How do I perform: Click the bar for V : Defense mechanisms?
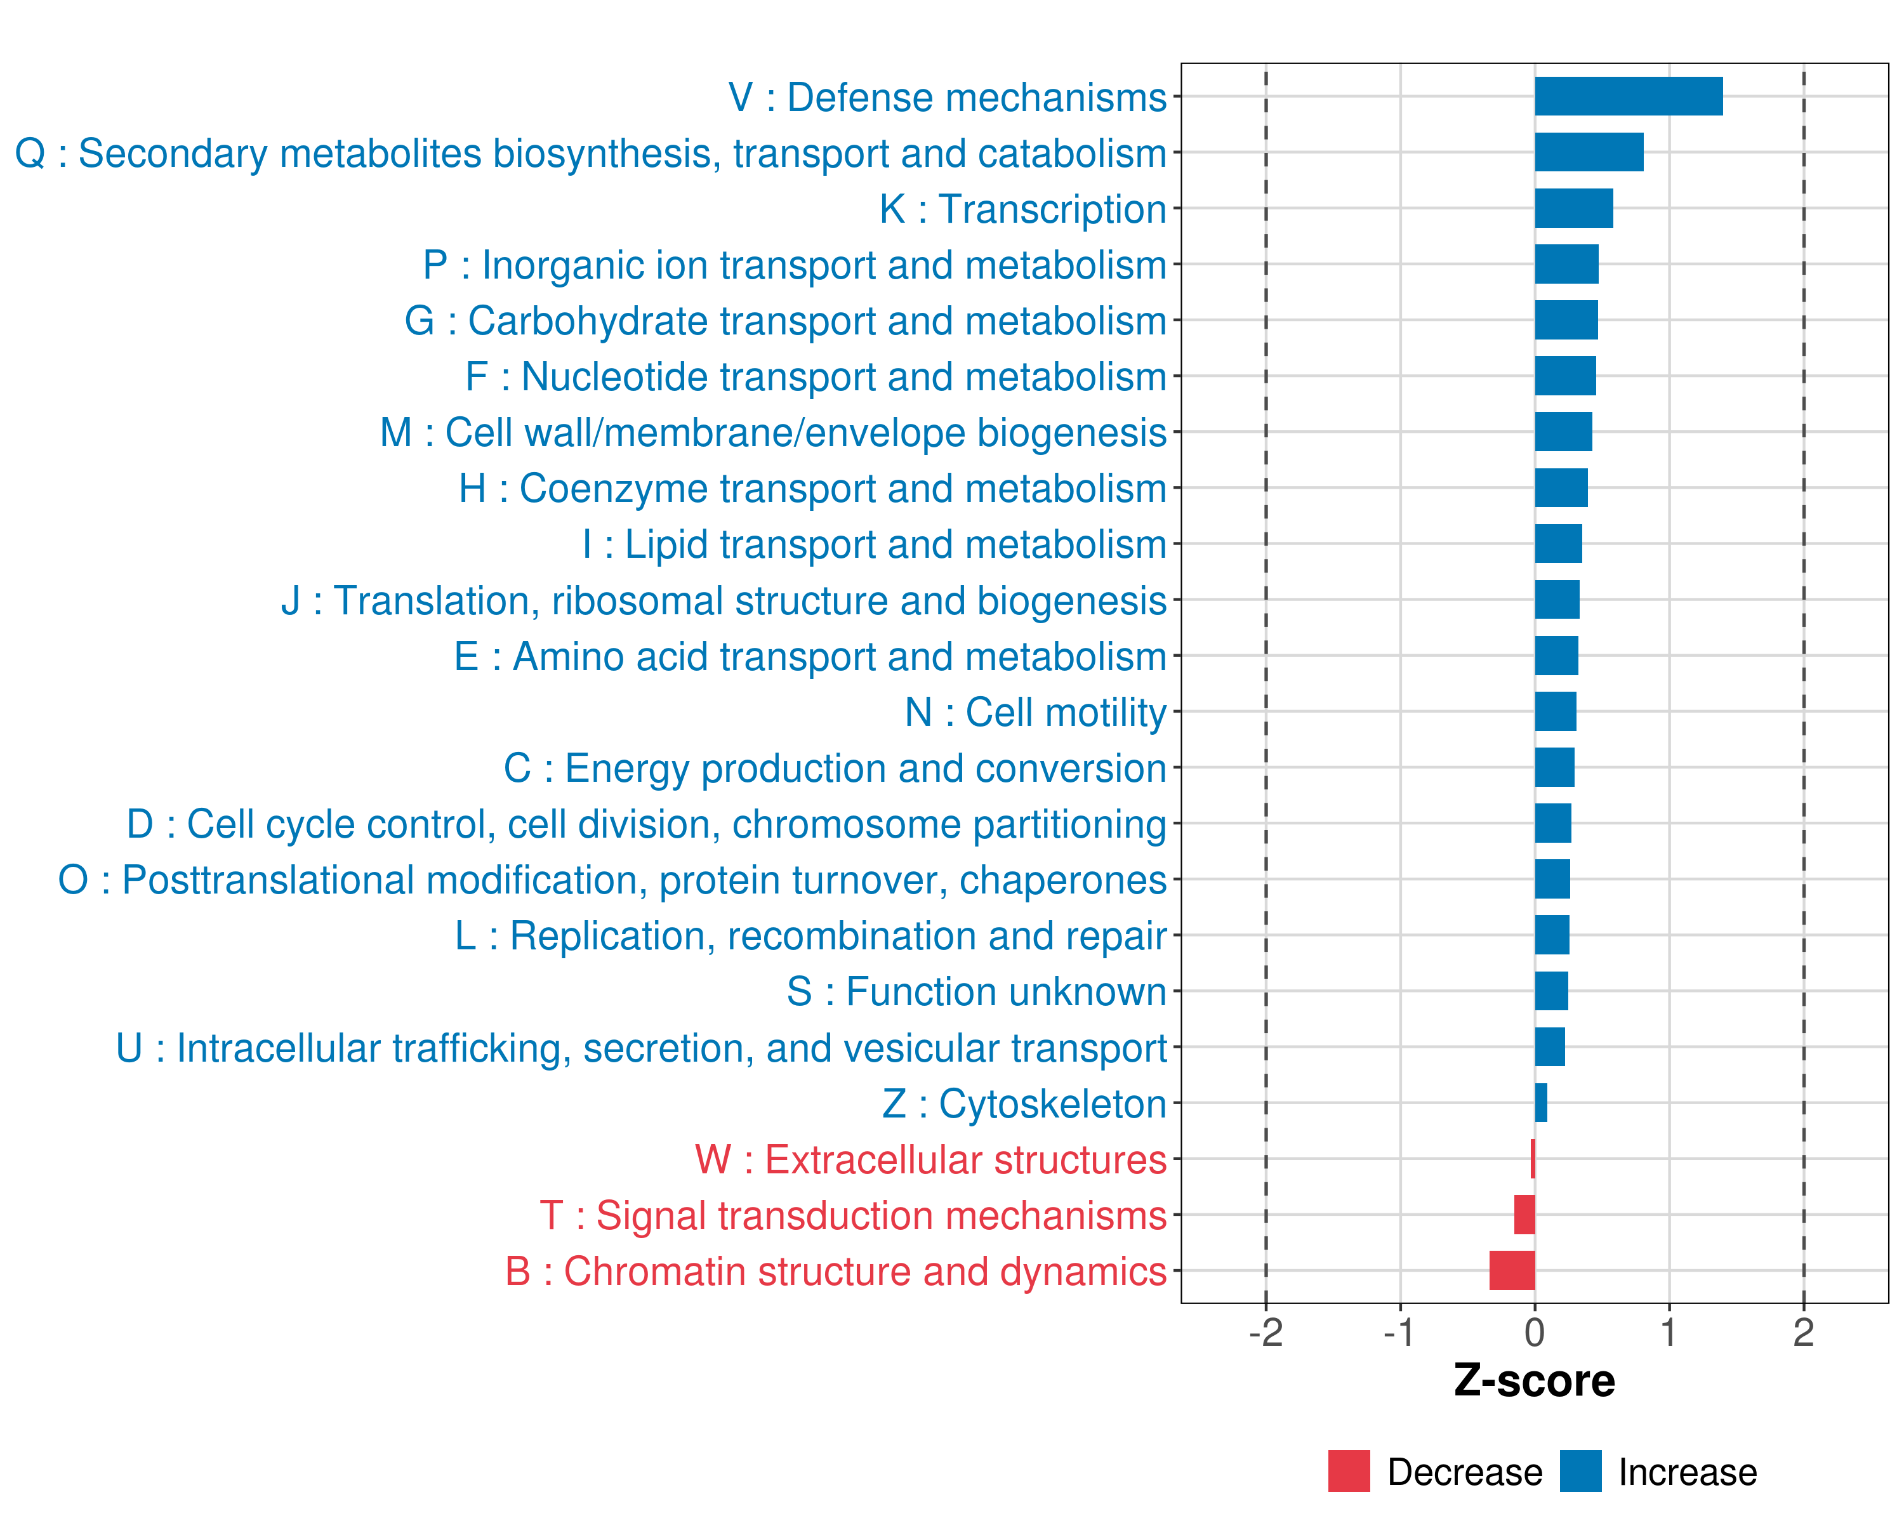1627,96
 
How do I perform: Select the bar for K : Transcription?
1573,208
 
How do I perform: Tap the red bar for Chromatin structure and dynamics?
1512,1270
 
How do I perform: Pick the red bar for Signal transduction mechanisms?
1524,1215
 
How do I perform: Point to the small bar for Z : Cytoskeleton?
1541,1103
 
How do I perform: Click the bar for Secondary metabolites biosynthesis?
1589,152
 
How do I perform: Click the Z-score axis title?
1534,1381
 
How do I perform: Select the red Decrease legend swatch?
1349,1471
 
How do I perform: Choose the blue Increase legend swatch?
1580,1471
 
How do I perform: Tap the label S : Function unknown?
976,991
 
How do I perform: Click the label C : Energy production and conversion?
835,768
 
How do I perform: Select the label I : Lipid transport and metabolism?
873,544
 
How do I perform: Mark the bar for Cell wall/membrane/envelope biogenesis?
1563,432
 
